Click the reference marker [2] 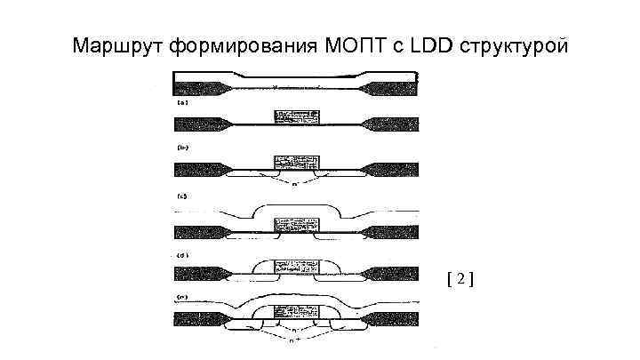460,279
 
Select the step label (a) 181,102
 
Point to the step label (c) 181,195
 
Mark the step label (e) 181,296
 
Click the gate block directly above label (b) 294,117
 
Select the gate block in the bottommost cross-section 294,313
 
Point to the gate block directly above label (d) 294,227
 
